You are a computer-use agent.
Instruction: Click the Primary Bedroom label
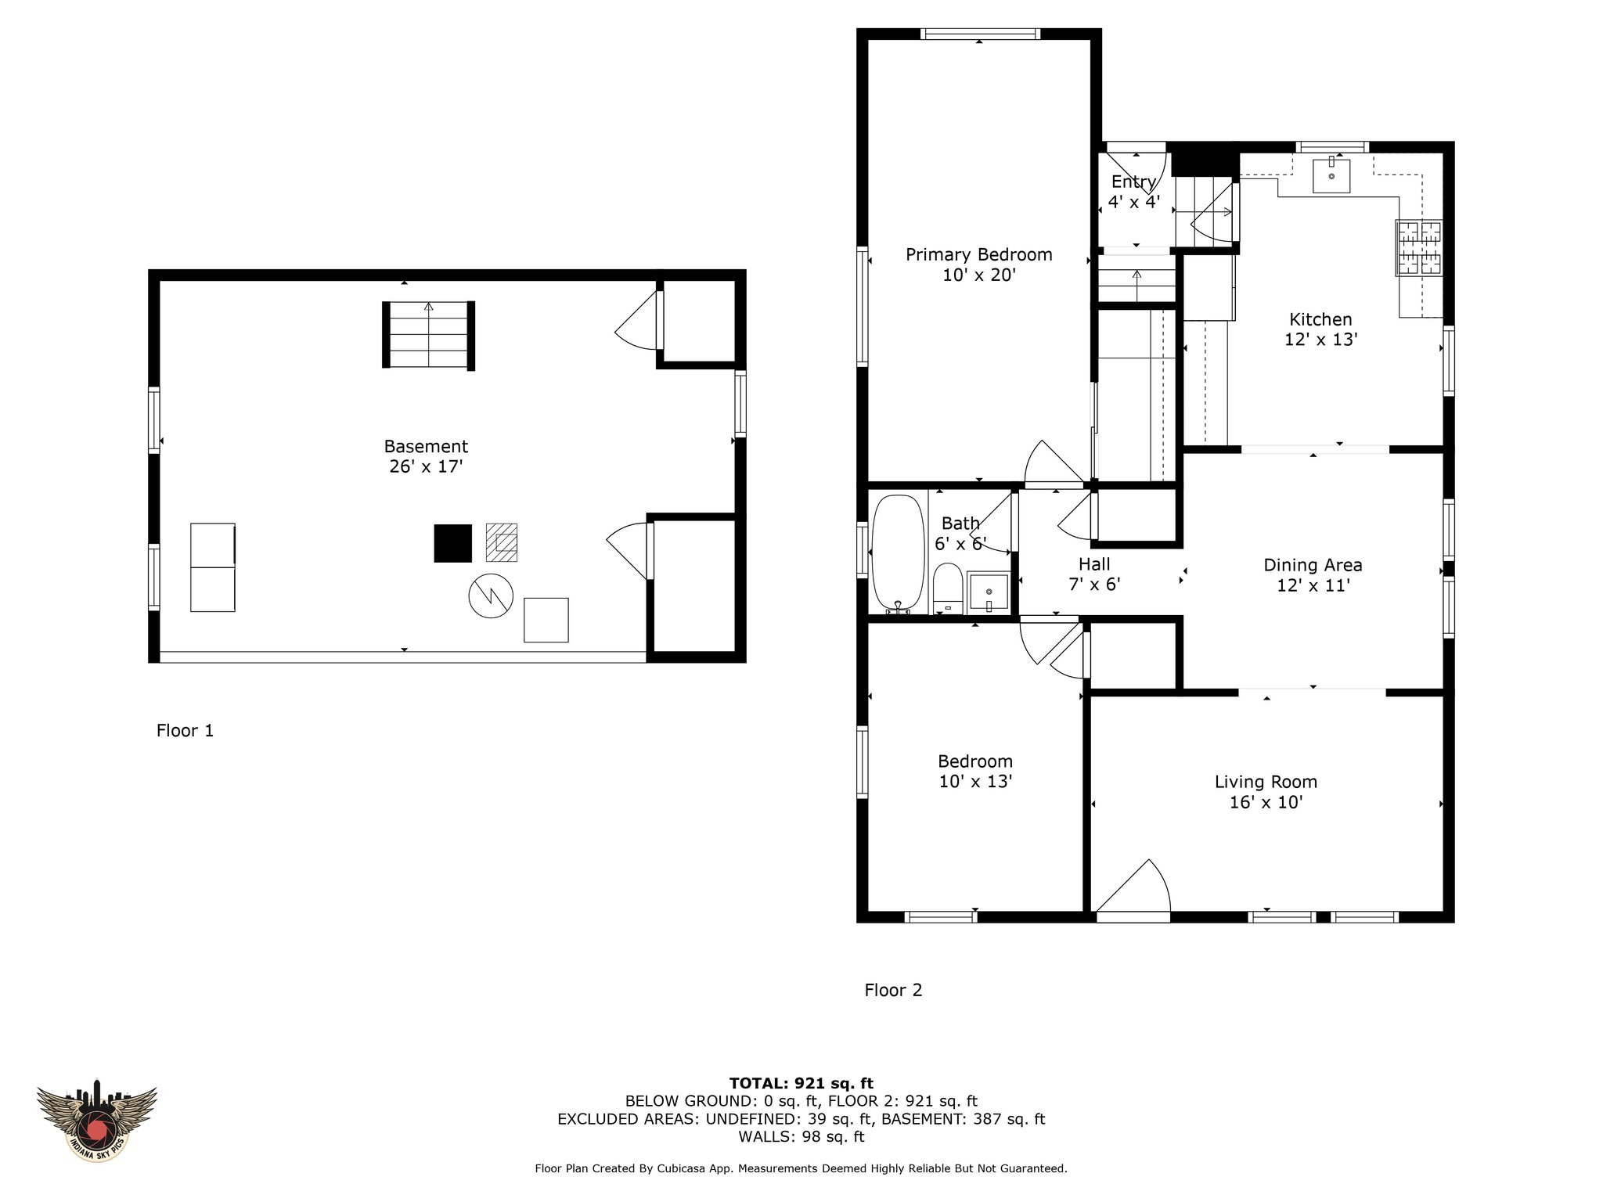978,254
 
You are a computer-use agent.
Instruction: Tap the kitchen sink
1331,175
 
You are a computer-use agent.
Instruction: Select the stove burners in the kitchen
1420,247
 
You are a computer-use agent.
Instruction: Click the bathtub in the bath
898,552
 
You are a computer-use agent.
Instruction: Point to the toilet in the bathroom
948,588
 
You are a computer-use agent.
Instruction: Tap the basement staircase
428,334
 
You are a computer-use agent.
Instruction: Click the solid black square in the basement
453,543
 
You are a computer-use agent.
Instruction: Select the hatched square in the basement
502,542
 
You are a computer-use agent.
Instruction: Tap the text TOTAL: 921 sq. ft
801,1083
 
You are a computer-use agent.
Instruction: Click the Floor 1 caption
185,730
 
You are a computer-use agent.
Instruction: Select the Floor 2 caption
893,990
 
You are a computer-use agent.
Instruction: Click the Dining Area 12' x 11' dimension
1313,585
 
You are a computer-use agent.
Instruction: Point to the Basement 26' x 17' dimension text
426,466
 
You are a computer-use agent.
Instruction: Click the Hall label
1094,563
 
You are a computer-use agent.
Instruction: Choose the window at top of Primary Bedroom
981,34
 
